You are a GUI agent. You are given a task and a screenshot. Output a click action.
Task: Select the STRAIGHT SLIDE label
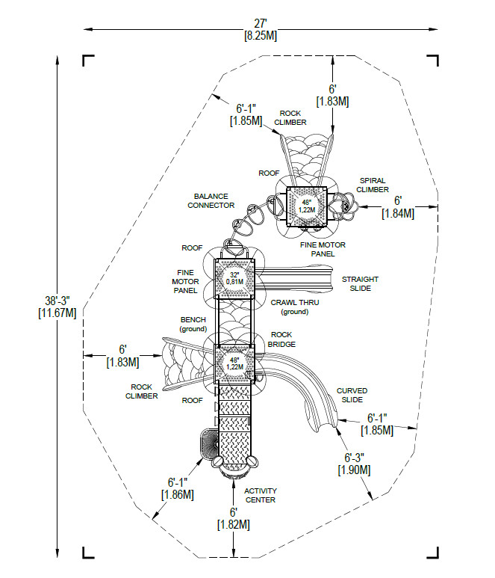point(356,283)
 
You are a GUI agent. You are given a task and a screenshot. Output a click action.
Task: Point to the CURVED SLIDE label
point(352,396)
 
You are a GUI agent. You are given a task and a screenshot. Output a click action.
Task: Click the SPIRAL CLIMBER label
point(373,185)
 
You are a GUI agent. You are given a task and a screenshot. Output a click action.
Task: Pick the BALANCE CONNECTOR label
point(211,200)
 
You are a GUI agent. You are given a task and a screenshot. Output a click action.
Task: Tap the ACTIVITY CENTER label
point(261,495)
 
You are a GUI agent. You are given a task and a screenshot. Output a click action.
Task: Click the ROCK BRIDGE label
point(281,339)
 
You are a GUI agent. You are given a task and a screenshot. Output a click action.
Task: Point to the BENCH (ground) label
point(192,324)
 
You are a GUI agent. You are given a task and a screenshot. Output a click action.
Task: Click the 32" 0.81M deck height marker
point(234,278)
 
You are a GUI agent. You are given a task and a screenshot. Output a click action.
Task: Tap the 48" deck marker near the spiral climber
point(307,206)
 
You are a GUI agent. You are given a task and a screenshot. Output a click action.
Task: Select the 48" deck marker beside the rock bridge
point(234,363)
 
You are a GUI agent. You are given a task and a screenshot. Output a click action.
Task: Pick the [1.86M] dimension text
point(177,494)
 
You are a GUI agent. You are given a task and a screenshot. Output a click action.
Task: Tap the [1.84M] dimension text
point(399,213)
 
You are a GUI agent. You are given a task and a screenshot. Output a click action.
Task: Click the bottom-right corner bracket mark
point(432,550)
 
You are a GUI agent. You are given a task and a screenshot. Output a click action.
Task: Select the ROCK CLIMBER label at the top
point(290,117)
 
